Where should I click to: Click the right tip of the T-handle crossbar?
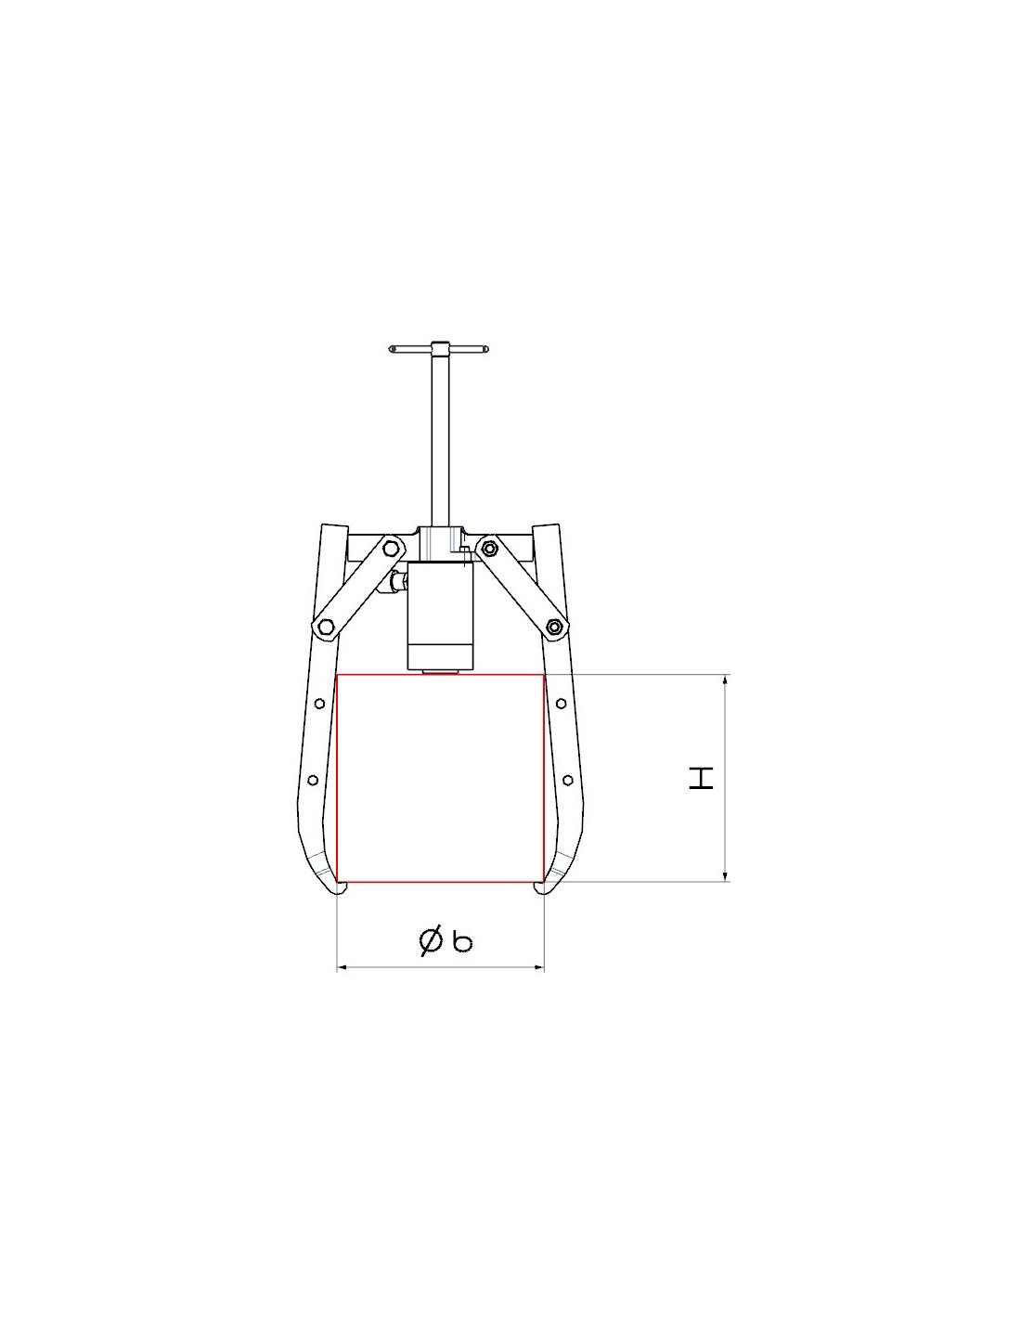487,349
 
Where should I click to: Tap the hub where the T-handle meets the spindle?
438,349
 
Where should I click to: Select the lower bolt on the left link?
324,627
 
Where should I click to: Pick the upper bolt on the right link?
487,548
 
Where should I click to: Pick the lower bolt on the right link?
552,627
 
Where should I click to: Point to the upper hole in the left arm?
319,704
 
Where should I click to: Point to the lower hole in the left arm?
313,780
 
